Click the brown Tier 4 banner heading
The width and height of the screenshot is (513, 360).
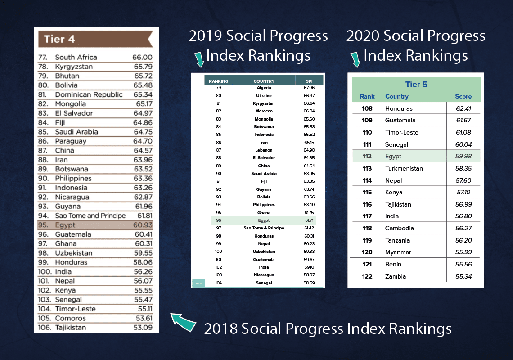tap(94, 39)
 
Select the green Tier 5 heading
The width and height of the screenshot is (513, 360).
tap(416, 84)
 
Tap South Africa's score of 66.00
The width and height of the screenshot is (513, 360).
tap(142, 58)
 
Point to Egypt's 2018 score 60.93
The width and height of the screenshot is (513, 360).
tap(142, 225)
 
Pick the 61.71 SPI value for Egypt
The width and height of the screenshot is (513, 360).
tap(309, 220)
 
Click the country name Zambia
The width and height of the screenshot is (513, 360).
tap(396, 276)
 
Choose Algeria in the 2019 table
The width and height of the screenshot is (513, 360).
tap(264, 88)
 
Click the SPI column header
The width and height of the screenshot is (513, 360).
tap(309, 81)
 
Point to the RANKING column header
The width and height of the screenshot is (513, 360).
tap(219, 81)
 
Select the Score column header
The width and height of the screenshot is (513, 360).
tap(463, 96)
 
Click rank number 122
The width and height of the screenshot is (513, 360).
tap(367, 276)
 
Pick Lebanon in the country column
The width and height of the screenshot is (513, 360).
tap(264, 150)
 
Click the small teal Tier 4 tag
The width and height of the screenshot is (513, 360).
tap(198, 283)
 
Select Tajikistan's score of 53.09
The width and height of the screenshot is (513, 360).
tap(142, 328)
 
